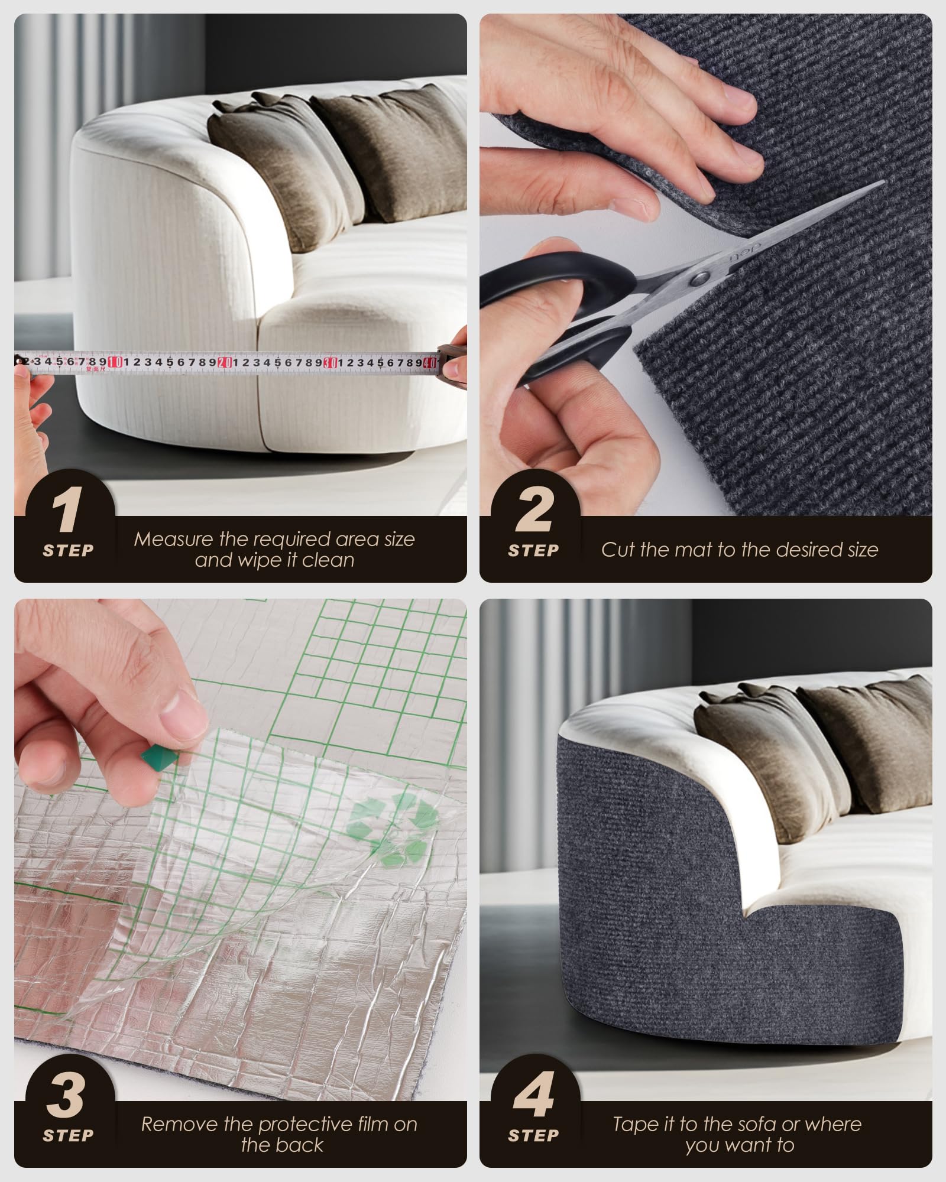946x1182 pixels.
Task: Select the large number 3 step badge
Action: pyautogui.click(x=66, y=1097)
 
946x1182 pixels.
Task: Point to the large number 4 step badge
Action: pyautogui.click(x=533, y=1097)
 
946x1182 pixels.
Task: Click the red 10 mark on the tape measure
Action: pyautogui.click(x=115, y=362)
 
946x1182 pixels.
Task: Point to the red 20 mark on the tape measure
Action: pyautogui.click(x=225, y=362)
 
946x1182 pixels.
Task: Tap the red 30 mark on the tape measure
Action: pyautogui.click(x=332, y=362)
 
